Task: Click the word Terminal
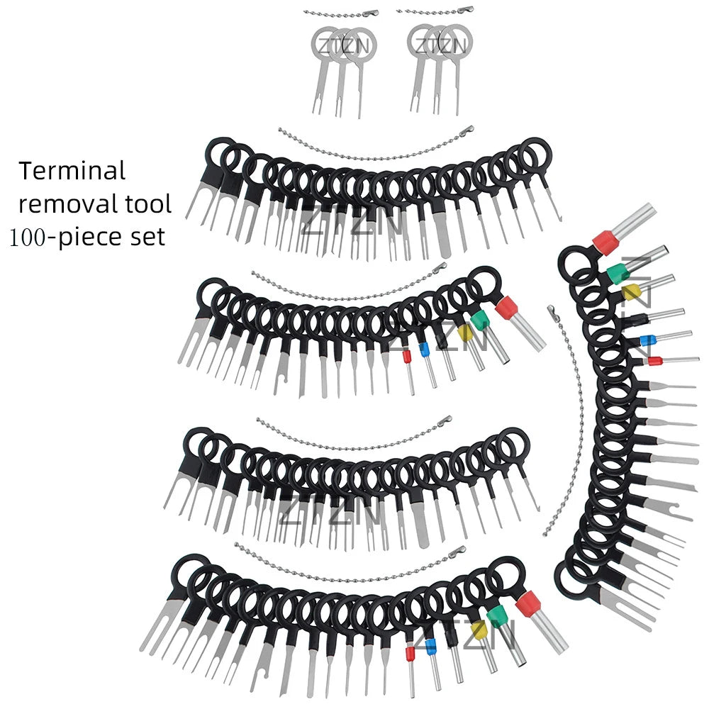(x=72, y=172)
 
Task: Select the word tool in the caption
(x=149, y=204)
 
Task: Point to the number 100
(x=28, y=238)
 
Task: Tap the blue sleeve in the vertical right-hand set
(x=647, y=340)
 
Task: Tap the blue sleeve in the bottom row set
(x=431, y=647)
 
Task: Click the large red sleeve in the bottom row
(x=528, y=605)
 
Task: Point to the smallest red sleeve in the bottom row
(x=410, y=654)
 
